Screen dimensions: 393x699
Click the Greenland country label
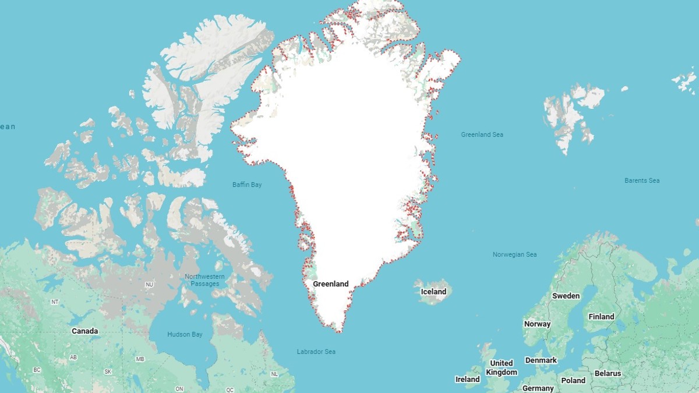click(x=330, y=284)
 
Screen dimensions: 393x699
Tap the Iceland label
click(x=433, y=292)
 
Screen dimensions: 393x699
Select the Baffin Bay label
click(x=247, y=185)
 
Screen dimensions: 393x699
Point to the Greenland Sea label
click(x=482, y=134)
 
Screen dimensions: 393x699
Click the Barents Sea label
click(x=642, y=180)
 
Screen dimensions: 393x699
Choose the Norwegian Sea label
click(x=514, y=254)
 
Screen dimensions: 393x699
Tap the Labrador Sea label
click(x=316, y=352)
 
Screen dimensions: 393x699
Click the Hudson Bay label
click(x=185, y=335)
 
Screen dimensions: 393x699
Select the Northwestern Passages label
click(x=204, y=280)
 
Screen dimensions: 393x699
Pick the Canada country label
click(x=84, y=331)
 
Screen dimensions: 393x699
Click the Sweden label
click(x=566, y=296)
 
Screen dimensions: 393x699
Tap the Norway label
click(x=537, y=324)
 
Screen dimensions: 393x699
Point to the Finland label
click(x=601, y=317)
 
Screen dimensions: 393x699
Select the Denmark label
click(x=541, y=360)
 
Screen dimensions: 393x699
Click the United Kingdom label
click(x=502, y=368)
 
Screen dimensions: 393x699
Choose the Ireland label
click(x=467, y=379)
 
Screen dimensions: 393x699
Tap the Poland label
click(x=573, y=380)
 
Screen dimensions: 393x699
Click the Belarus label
click(x=608, y=373)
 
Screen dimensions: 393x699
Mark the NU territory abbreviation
click(x=149, y=284)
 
